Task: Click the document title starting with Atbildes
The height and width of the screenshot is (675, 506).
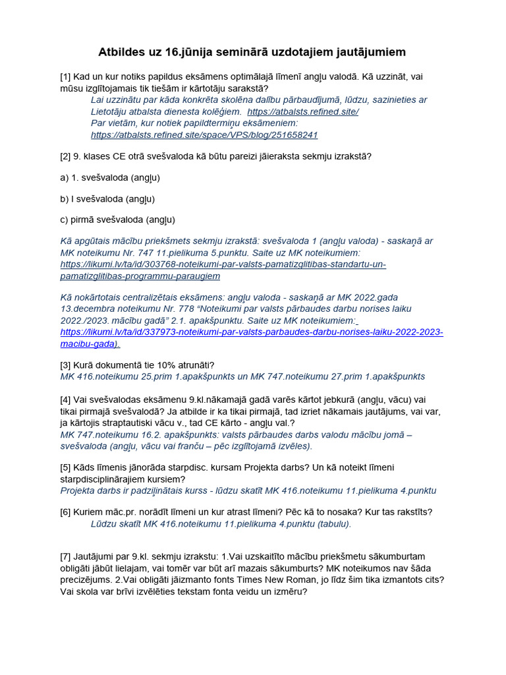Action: pos(252,51)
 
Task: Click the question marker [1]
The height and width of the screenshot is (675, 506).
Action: pos(66,77)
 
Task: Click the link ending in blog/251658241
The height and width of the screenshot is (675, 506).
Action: pos(204,134)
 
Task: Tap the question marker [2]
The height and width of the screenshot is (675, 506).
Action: pos(66,157)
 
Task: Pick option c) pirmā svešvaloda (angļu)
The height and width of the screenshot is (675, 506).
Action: pos(117,220)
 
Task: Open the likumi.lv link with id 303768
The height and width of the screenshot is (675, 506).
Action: pos(223,270)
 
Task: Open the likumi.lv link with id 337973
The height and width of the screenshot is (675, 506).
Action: pos(251,337)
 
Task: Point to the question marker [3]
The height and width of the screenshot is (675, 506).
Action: pos(66,365)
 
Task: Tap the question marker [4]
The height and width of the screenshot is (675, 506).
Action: pos(66,399)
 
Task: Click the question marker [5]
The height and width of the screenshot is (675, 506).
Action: pos(66,468)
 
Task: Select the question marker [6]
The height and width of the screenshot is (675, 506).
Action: pos(66,513)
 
